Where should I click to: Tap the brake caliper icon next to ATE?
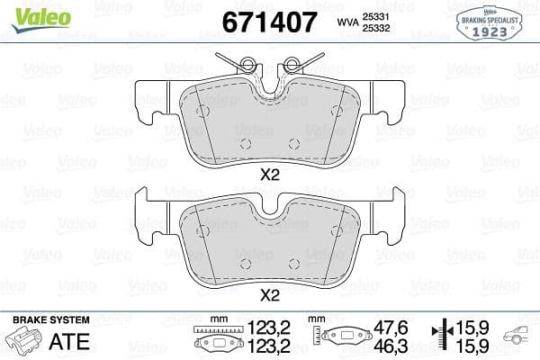25,341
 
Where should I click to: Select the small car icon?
521,337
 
